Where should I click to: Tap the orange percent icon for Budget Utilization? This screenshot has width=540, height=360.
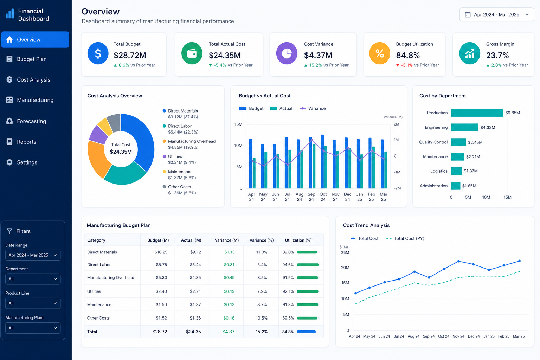[x=380, y=53]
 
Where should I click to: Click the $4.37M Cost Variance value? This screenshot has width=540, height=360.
[x=318, y=55]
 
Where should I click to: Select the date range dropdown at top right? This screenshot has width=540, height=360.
[x=497, y=15]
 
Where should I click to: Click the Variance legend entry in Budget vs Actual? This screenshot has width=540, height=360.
[x=313, y=108]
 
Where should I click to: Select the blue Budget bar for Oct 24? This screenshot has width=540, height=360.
[x=322, y=161]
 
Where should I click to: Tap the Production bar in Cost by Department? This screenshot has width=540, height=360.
[x=477, y=112]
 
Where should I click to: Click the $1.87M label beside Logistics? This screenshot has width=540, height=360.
[x=471, y=171]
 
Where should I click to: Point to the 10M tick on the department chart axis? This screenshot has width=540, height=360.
[x=486, y=197]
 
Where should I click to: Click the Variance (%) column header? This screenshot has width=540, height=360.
[x=262, y=240]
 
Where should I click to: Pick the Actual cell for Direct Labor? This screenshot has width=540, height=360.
[x=195, y=264]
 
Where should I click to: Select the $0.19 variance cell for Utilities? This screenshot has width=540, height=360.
[x=229, y=291]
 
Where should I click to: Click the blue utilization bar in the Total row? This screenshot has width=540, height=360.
[x=306, y=332]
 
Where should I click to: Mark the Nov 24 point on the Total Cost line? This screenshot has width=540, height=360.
[x=458, y=261]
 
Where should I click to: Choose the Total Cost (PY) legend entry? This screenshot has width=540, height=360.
[x=405, y=238]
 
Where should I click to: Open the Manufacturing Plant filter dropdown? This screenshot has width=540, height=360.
[x=33, y=328]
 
